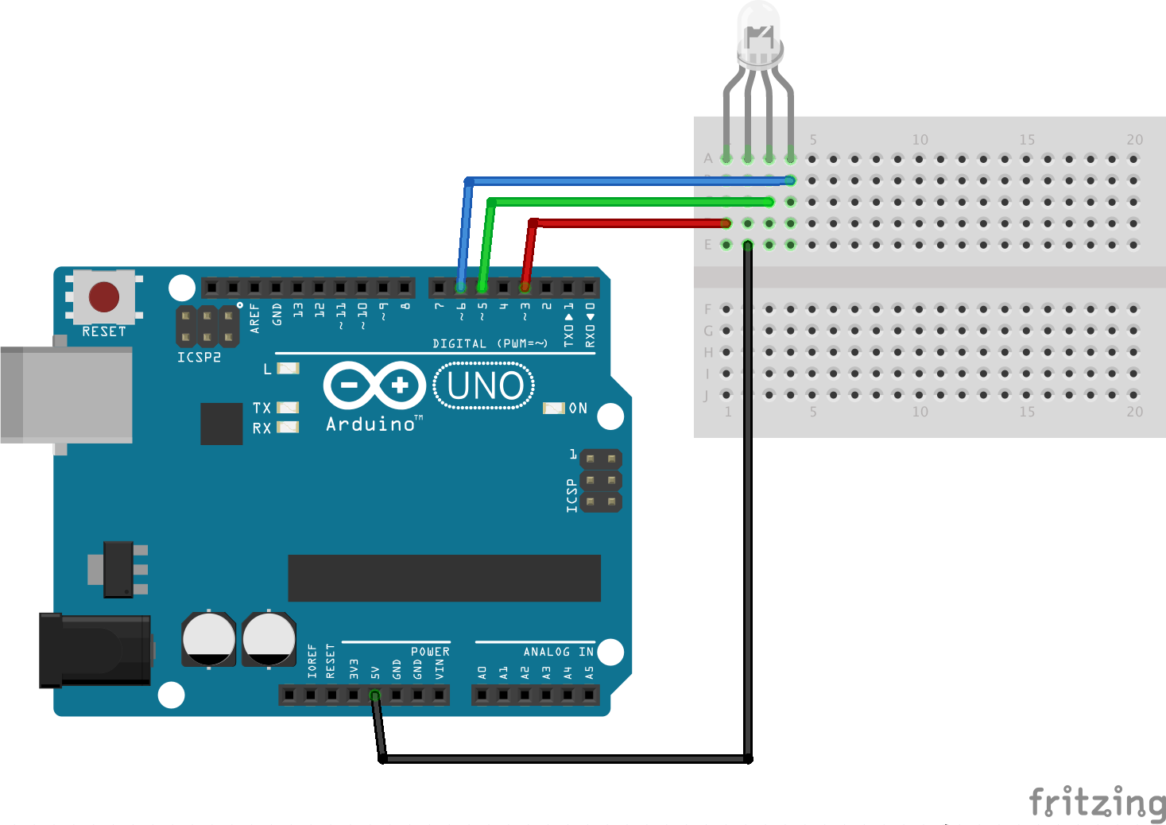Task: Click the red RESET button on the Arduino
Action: [x=103, y=297]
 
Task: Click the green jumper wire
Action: [x=628, y=202]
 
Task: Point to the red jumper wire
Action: [x=628, y=223]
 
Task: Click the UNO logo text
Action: [x=484, y=386]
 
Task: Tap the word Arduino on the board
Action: [x=370, y=424]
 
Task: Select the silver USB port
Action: [x=67, y=394]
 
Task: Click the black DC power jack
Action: [x=95, y=649]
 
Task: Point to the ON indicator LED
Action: [x=553, y=408]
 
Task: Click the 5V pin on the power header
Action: [x=375, y=695]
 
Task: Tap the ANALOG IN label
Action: [x=558, y=652]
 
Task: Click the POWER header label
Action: [x=430, y=652]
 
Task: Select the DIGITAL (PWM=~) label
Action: [x=490, y=343]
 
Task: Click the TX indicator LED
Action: [x=287, y=408]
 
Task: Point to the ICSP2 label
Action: [x=199, y=358]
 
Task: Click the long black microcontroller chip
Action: [x=444, y=578]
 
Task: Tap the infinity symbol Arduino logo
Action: [x=374, y=386]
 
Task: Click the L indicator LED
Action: [x=287, y=369]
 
